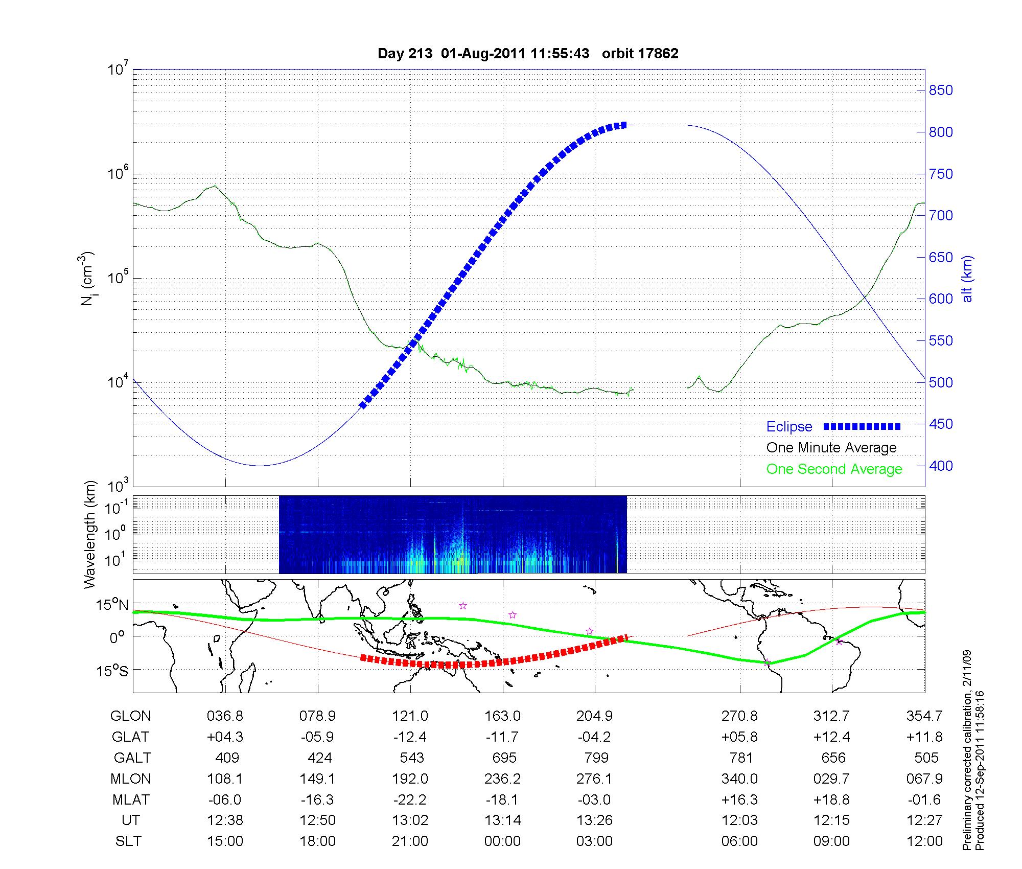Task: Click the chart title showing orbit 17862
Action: point(528,54)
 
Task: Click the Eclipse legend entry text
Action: point(789,427)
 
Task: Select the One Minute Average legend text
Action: point(831,448)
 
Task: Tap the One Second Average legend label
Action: point(834,469)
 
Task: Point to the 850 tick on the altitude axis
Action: point(941,90)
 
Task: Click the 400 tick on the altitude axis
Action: point(941,466)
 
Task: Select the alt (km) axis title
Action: point(968,279)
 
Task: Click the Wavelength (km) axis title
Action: point(90,534)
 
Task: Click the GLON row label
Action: point(130,716)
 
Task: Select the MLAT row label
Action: point(130,799)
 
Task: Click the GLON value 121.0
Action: point(410,716)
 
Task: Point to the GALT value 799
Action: point(596,758)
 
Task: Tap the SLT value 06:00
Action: point(739,841)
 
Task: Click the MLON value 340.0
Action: point(739,779)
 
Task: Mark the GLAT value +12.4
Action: point(831,737)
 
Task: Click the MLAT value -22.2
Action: point(410,799)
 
